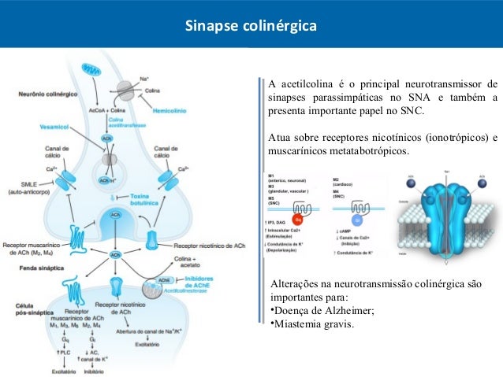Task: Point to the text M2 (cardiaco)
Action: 346,181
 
